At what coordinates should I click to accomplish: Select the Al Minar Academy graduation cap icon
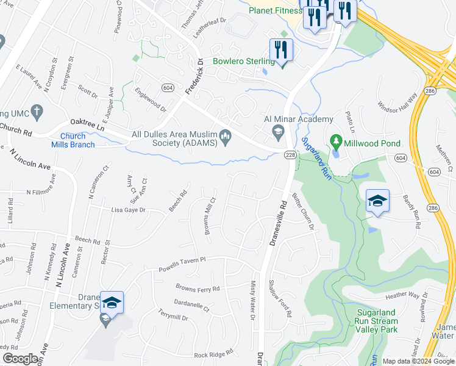[279, 131]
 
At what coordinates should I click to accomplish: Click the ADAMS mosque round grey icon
[226, 137]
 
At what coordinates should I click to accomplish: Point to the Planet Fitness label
[275, 10]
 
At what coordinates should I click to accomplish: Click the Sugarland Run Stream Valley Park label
[377, 321]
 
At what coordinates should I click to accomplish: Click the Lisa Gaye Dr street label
[129, 210]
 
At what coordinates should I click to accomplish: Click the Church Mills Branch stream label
[77, 140]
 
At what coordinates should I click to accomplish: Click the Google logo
[20, 358]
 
